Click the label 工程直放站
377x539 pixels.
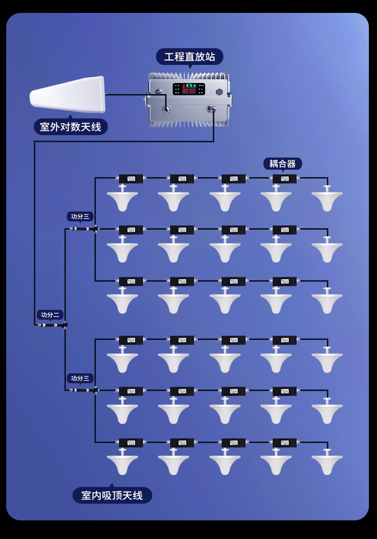point(189,57)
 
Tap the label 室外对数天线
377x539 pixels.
point(71,127)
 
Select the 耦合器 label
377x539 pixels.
point(283,164)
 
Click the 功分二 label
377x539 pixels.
point(50,315)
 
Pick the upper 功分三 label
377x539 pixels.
point(80,216)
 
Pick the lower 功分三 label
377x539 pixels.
point(80,378)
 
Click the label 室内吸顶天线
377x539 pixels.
point(112,496)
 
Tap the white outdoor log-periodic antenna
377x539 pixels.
point(68,95)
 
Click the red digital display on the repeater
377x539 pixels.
point(189,90)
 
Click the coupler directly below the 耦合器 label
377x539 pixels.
point(284,179)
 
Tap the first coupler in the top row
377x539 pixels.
point(131,179)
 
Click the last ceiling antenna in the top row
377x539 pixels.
point(327,200)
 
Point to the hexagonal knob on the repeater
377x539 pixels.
point(220,92)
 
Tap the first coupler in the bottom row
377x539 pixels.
point(131,443)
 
